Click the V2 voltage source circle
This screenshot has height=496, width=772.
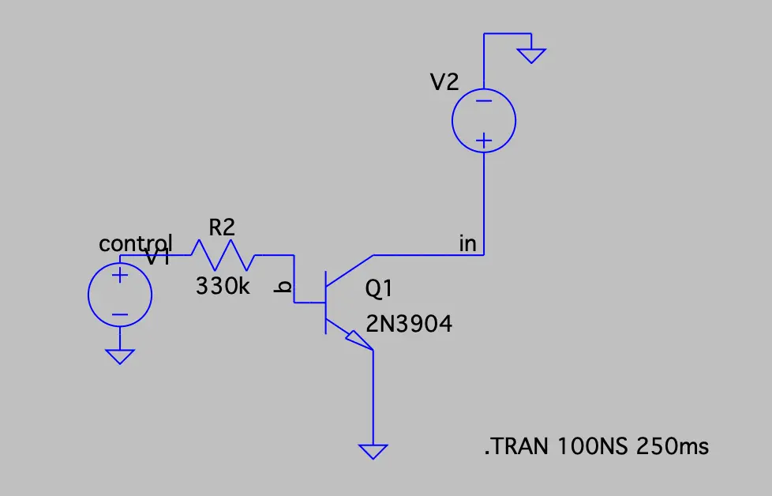pos(483,121)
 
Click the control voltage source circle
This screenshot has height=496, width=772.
pos(119,295)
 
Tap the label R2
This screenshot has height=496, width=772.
pos(222,227)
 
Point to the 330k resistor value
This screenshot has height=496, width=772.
pos(223,286)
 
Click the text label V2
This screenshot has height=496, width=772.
pos(444,82)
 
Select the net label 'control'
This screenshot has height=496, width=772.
pos(135,243)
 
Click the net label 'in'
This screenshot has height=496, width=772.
pos(468,244)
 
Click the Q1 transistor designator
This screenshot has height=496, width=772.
pos(379,291)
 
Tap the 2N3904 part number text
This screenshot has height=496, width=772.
pos(409,323)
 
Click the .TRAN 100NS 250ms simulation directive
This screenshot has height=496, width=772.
pos(597,447)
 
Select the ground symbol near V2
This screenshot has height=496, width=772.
pos(531,55)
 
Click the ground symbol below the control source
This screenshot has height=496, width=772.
pos(119,357)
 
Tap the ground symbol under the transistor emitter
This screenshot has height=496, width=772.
pos(373,451)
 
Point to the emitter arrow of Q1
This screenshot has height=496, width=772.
pos(360,340)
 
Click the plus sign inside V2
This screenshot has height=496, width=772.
pos(483,141)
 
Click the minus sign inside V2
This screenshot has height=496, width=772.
pos(483,101)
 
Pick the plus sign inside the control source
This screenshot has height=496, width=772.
pos(119,276)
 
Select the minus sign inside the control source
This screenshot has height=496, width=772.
pos(119,314)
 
